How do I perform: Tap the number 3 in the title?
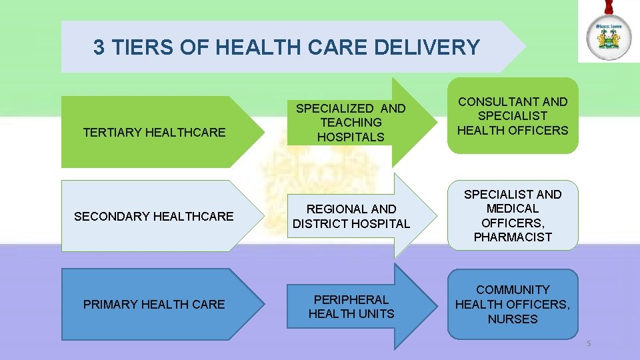99,47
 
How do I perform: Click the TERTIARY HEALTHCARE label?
154,133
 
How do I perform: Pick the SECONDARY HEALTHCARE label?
154,216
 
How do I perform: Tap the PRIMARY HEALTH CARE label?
154,305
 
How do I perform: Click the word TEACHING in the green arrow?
351,123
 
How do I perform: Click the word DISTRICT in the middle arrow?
321,224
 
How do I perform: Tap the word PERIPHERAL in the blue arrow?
351,299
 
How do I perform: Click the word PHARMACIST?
513,237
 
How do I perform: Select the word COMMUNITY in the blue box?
513,290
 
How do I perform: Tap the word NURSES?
513,319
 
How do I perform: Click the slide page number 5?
589,344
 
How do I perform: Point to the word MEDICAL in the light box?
513,209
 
